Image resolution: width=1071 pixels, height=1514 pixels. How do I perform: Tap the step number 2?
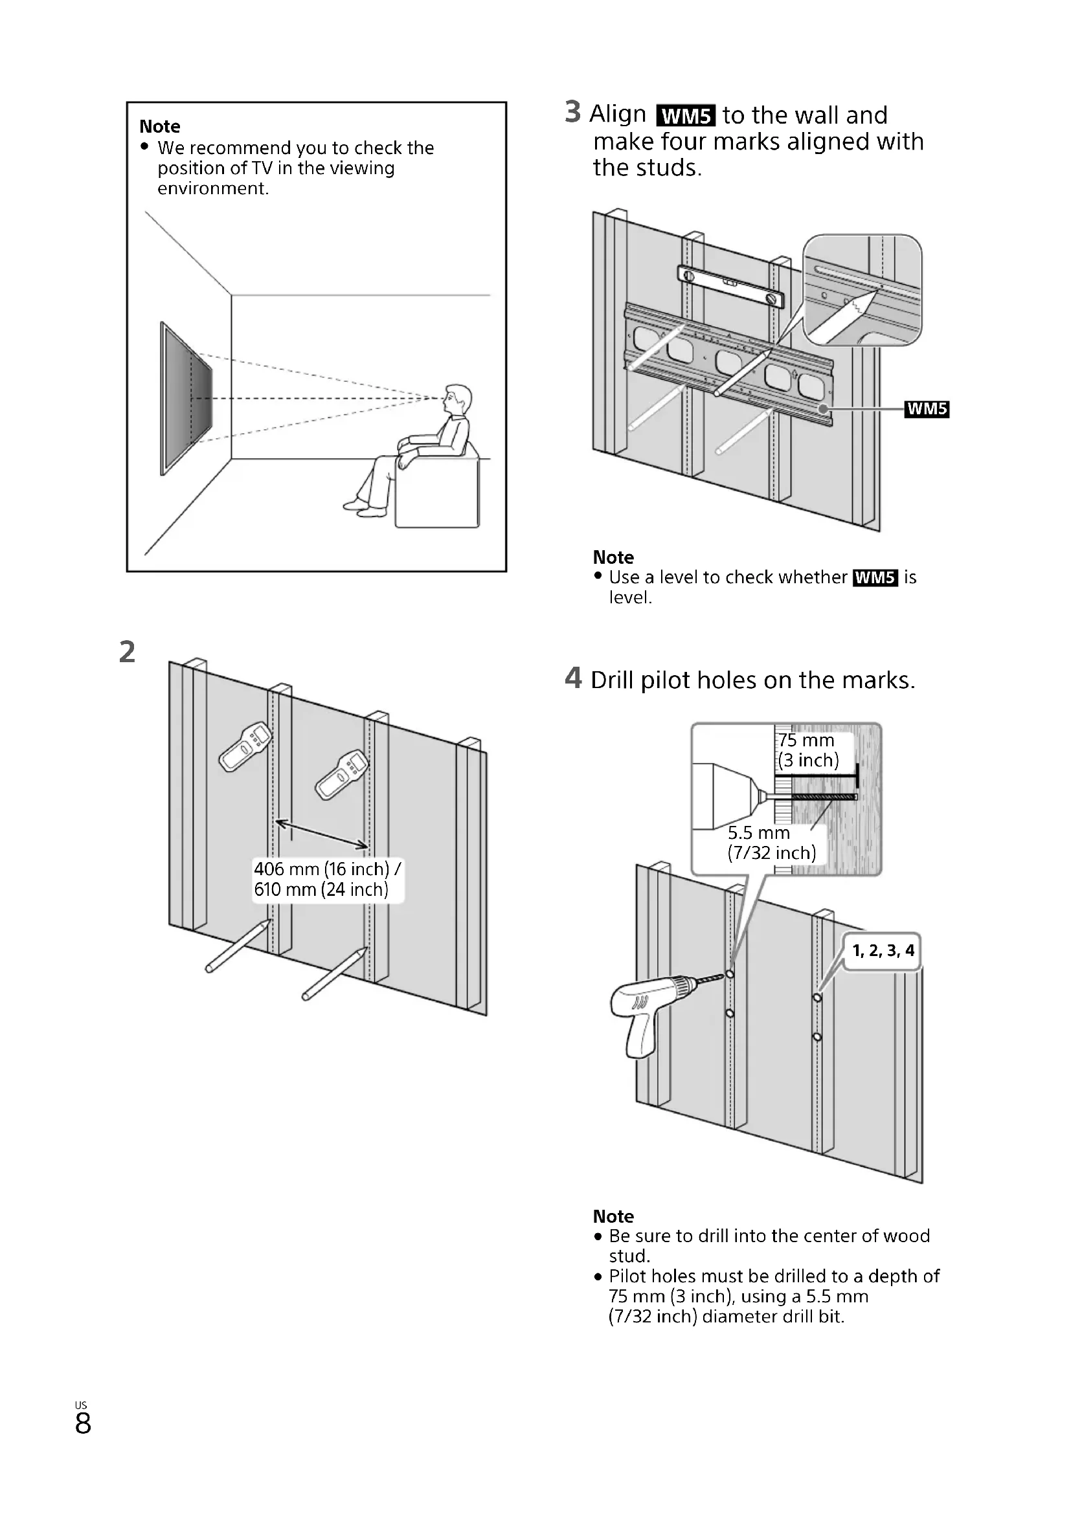[x=128, y=652]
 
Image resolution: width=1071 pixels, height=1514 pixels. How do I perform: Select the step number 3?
[x=572, y=112]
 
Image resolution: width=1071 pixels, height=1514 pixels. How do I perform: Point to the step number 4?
[x=573, y=678]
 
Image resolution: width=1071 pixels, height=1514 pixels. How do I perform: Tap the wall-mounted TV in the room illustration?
[x=186, y=397]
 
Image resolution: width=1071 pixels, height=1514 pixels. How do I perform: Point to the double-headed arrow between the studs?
[x=321, y=834]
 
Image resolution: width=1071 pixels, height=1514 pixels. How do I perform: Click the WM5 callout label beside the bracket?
[x=927, y=409]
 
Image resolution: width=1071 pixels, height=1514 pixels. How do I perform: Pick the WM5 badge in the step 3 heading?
[x=686, y=116]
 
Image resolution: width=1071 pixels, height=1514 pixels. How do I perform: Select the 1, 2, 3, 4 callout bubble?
[x=883, y=950]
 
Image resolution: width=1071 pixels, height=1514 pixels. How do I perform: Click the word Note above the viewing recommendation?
[x=159, y=126]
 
